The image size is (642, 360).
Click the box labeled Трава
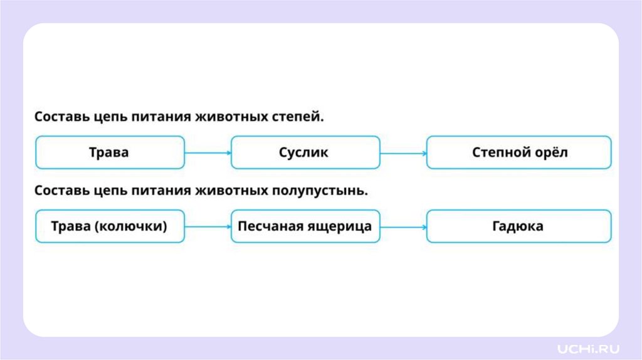(110, 152)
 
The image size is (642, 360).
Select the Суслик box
(305, 152)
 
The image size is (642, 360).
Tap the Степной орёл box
(518, 152)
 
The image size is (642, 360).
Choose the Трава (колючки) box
(110, 226)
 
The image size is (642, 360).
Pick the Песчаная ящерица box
(305, 226)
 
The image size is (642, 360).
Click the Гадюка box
(518, 226)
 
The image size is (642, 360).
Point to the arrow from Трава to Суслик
(208, 152)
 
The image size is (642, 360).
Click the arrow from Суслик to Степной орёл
(403, 152)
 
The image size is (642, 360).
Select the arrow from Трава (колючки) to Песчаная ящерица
(208, 226)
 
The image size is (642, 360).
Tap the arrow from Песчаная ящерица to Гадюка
(403, 226)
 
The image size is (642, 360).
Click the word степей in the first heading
(300, 117)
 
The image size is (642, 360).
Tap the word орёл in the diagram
(552, 152)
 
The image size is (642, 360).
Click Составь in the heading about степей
(60, 117)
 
